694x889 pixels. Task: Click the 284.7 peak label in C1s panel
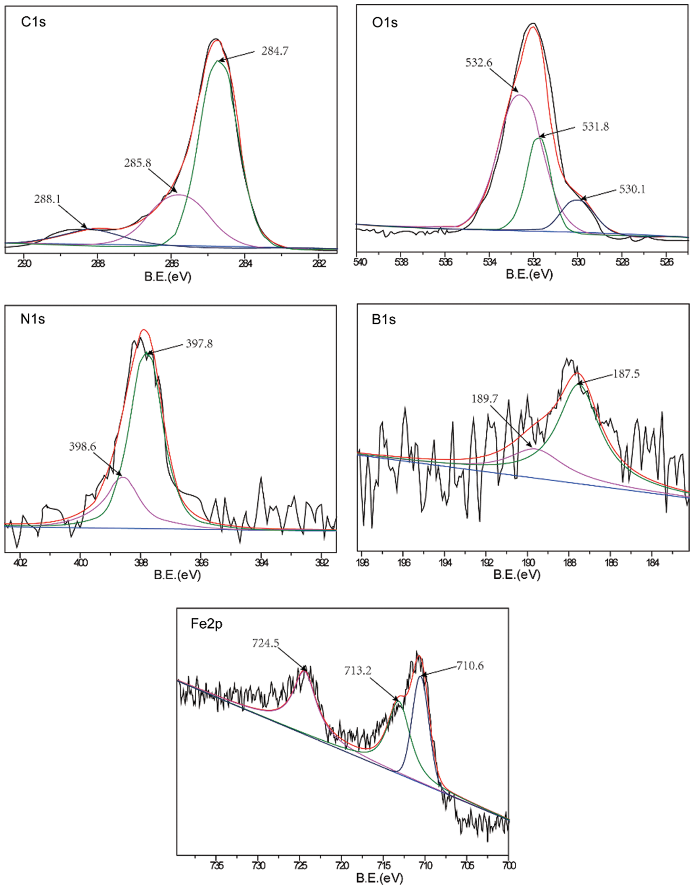pos(275,51)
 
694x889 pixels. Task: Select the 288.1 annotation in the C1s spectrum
pos(47,199)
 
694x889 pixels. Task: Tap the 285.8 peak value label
pos(138,163)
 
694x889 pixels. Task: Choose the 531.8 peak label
pos(596,127)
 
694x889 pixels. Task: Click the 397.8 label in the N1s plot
pos(199,344)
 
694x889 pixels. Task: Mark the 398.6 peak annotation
pos(82,447)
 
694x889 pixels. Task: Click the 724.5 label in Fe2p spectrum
pos(266,644)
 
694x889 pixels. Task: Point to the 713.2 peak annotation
pos(358,670)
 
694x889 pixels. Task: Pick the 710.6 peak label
pos(470,666)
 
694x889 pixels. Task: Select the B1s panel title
pos(383,320)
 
